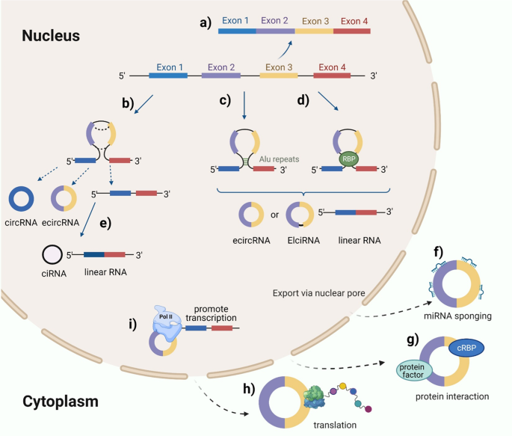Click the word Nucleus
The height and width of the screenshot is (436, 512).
point(51,35)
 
